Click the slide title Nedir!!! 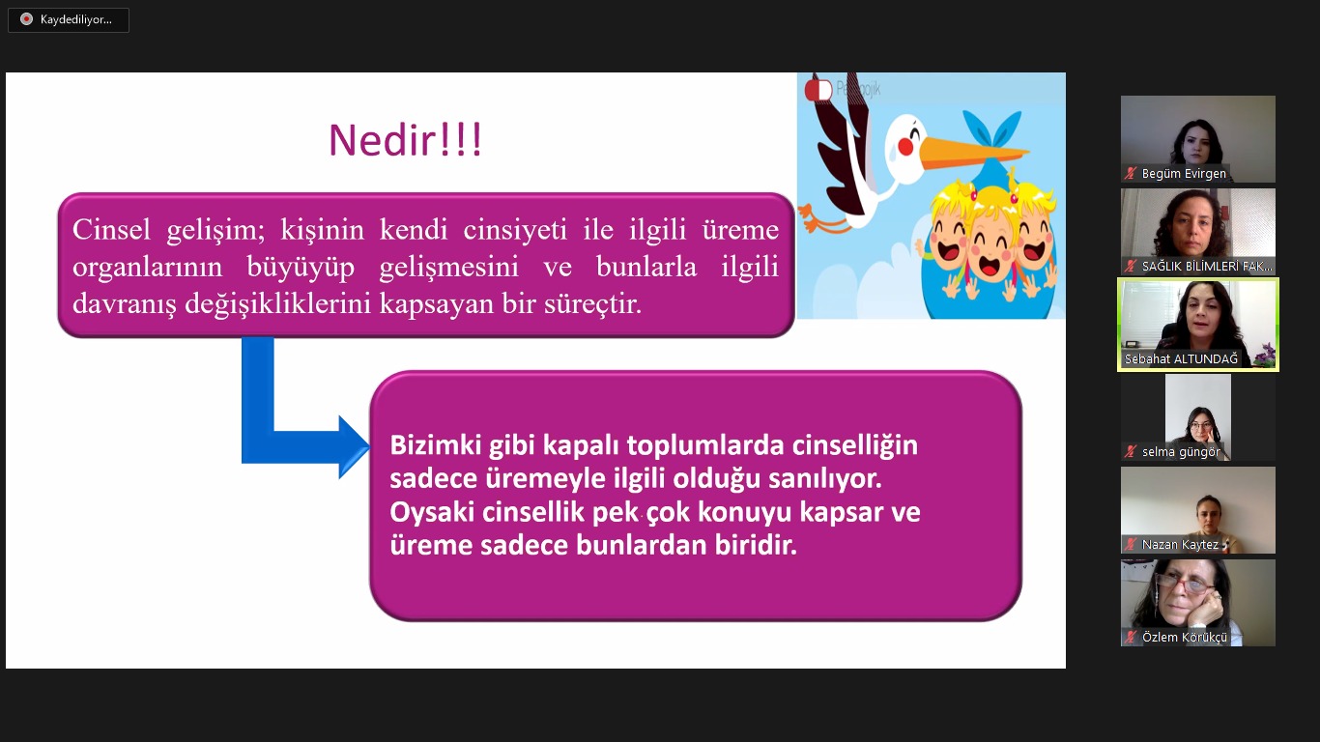click(x=406, y=140)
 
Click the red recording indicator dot click(x=26, y=19)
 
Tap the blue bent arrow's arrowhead click(x=354, y=446)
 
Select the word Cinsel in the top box click(x=111, y=229)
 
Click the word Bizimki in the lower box click(x=435, y=445)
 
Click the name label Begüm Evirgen click(x=1184, y=173)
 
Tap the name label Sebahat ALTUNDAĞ click(x=1181, y=358)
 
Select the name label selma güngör click(x=1181, y=451)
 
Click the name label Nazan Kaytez click(x=1180, y=545)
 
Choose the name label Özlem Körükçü click(x=1185, y=637)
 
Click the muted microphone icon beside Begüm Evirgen click(x=1131, y=173)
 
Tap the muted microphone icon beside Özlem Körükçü click(x=1131, y=637)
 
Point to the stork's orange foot click(x=822, y=218)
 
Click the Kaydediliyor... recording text click(x=76, y=19)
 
